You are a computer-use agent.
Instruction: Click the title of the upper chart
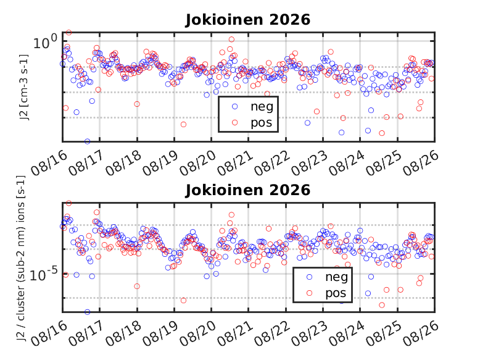tap(247, 20)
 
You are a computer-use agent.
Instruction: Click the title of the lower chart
tap(247, 190)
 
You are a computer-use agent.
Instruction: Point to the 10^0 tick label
tap(44, 42)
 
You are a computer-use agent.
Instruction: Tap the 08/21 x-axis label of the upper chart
tap(236, 163)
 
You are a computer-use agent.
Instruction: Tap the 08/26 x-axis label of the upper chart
tap(421, 163)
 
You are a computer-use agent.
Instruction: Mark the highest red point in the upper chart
tap(69, 33)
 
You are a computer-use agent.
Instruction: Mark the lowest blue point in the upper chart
tap(88, 141)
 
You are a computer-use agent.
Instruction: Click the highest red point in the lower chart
tap(69, 203)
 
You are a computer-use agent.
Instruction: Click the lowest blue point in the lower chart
tap(88, 312)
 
